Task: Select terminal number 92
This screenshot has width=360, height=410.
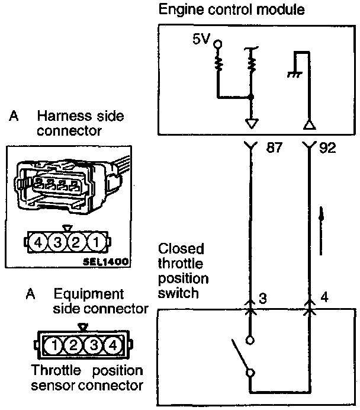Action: (327, 148)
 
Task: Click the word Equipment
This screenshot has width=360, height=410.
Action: (89, 294)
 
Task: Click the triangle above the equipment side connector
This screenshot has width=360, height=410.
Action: (83, 326)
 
